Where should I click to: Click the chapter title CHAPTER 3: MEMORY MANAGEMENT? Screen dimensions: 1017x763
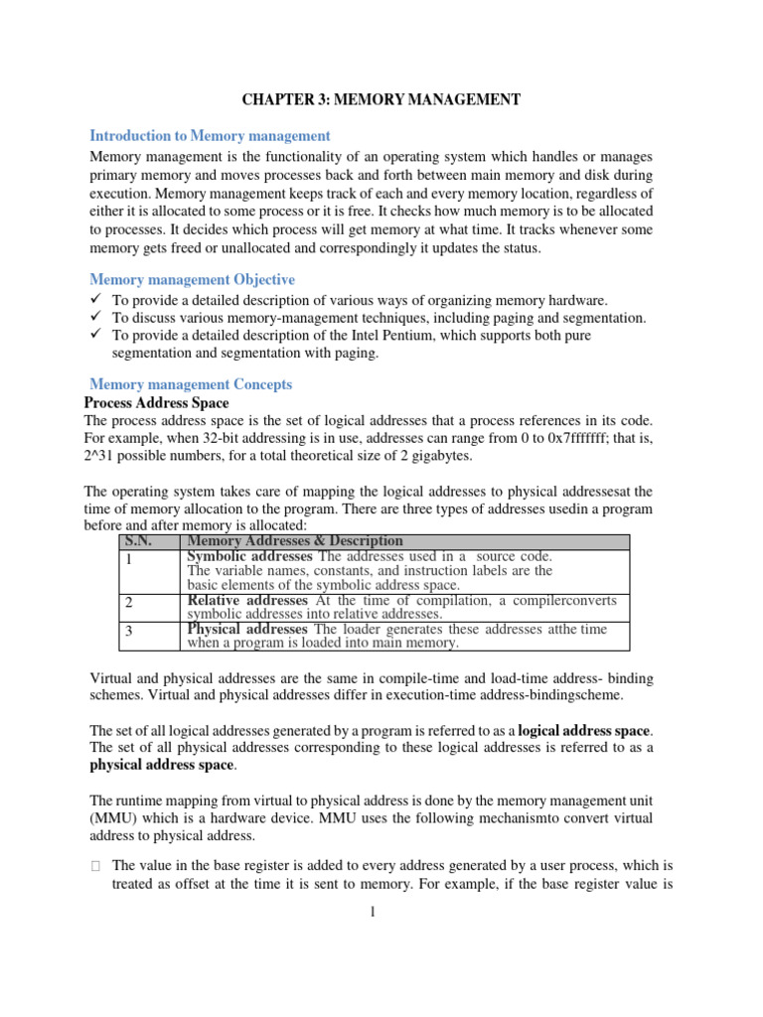(381, 100)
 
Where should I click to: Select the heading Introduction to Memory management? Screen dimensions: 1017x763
(210, 135)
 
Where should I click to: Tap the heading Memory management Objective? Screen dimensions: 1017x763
(192, 280)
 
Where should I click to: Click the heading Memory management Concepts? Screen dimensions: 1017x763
(191, 384)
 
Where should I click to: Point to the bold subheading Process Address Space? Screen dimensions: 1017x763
(156, 403)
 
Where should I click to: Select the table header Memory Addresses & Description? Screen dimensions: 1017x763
(295, 541)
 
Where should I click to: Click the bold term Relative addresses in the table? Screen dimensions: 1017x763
(246, 601)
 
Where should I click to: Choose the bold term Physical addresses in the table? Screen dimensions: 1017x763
(247, 630)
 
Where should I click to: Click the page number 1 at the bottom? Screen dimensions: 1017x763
(370, 915)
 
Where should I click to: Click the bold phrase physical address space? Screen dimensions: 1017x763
(163, 766)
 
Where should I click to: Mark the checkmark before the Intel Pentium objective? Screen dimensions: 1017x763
(95, 336)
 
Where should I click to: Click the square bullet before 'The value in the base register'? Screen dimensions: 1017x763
(95, 866)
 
